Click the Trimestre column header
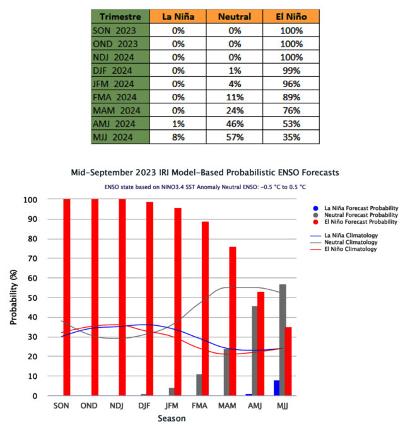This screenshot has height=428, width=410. [120, 16]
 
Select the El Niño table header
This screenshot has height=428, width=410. [291, 16]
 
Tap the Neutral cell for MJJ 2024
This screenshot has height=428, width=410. [235, 137]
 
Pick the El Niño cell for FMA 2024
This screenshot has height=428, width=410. [291, 97]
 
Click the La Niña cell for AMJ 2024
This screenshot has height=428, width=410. [178, 124]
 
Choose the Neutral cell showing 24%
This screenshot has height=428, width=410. [235, 110]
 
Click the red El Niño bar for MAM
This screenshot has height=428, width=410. [233, 321]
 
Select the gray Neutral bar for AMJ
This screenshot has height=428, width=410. [255, 351]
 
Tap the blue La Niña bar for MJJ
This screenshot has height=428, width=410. [277, 388]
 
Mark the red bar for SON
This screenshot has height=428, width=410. [67, 298]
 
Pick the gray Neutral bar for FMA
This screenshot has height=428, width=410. [199, 385]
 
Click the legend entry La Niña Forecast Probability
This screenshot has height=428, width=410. [355, 208]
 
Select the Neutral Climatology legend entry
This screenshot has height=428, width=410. [344, 242]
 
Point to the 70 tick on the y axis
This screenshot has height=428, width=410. [33, 258]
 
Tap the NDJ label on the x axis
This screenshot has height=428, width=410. [117, 405]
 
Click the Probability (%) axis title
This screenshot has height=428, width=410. [13, 298]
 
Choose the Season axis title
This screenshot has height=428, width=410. [172, 418]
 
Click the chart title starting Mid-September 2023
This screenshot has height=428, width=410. [205, 173]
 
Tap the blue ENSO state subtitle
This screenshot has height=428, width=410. [205, 187]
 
